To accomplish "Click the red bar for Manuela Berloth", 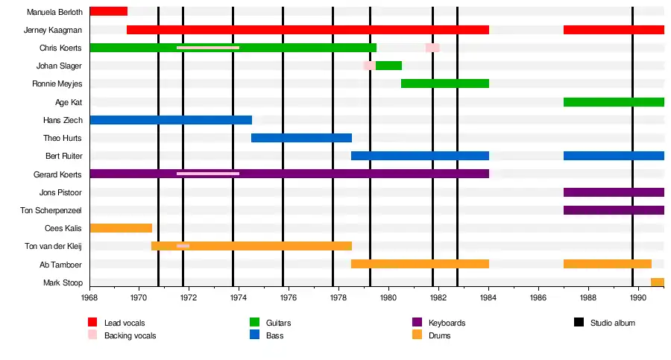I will coord(108,11).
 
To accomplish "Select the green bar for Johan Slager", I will coord(388,66).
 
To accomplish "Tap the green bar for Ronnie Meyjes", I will coord(444,83).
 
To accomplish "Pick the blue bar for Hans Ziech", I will coord(170,120).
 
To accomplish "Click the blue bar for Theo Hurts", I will coord(301,138).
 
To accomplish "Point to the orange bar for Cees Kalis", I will coord(121,228).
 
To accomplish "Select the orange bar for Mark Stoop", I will coord(657,282).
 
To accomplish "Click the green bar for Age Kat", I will coord(614,102).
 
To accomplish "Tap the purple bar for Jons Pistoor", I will coord(614,192).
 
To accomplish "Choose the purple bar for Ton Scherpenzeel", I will coord(614,210).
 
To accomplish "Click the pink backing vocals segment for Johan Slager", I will coord(369,66).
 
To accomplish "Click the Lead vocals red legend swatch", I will coord(92,322).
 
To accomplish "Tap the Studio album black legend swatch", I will coord(579,322).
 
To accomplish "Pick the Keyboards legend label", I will coord(447,323).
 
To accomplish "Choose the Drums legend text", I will coord(440,335).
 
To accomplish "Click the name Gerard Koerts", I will coord(57,174).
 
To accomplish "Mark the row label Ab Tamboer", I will coord(60,265).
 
